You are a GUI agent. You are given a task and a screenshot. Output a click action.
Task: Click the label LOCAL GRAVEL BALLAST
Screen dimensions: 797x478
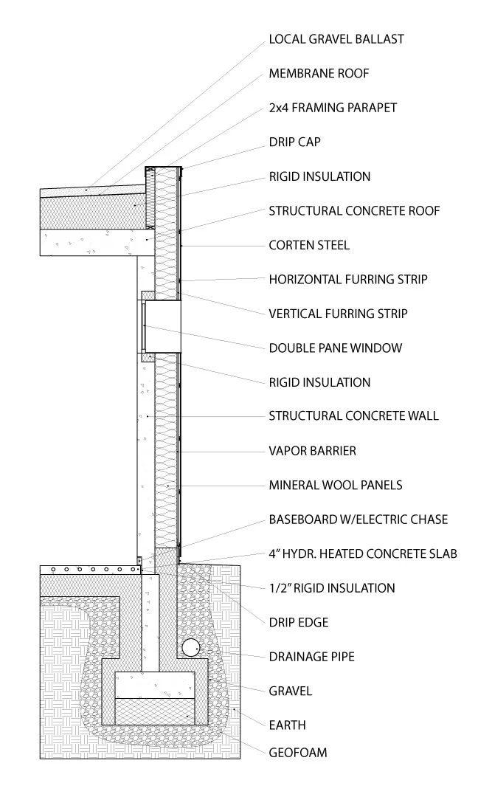pyautogui.click(x=336, y=39)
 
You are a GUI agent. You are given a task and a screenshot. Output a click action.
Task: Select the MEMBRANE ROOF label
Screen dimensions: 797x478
pyautogui.click(x=319, y=74)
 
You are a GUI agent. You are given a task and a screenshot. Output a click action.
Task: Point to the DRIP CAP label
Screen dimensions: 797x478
pyautogui.click(x=294, y=142)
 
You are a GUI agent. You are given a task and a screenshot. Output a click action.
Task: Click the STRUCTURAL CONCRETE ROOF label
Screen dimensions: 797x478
pyautogui.click(x=354, y=211)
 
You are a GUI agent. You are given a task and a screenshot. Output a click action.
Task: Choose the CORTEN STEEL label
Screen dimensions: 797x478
pyautogui.click(x=309, y=245)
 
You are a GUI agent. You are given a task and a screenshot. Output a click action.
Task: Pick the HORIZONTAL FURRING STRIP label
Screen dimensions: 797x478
pyautogui.click(x=348, y=280)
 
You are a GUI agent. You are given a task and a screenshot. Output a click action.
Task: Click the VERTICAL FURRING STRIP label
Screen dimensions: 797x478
pyautogui.click(x=338, y=314)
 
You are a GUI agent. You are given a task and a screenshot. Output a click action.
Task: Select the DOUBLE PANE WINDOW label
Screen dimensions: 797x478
pyautogui.click(x=336, y=348)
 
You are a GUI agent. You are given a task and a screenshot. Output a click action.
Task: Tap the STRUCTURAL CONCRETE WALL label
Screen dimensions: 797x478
pyautogui.click(x=353, y=416)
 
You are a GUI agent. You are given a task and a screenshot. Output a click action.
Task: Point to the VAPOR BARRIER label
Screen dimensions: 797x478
pyautogui.click(x=313, y=450)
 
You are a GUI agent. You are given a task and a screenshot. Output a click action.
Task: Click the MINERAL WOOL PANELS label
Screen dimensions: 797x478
pyautogui.click(x=336, y=485)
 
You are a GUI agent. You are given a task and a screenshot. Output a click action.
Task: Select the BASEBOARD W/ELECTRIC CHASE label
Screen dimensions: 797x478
pyautogui.click(x=358, y=520)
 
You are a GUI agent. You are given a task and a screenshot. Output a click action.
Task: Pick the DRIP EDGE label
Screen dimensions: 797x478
pyautogui.click(x=299, y=622)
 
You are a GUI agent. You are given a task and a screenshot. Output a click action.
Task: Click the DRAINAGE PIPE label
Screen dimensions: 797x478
pyautogui.click(x=312, y=656)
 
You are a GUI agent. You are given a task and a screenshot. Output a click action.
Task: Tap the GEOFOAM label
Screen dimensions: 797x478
pyautogui.click(x=297, y=753)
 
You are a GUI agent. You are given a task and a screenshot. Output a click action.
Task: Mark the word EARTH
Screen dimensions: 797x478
pyautogui.click(x=287, y=725)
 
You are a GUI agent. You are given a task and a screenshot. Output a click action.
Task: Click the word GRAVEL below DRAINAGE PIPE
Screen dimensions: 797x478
pyautogui.click(x=291, y=691)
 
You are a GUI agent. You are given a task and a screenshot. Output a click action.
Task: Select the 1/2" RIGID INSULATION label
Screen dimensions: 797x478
pyautogui.click(x=332, y=588)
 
